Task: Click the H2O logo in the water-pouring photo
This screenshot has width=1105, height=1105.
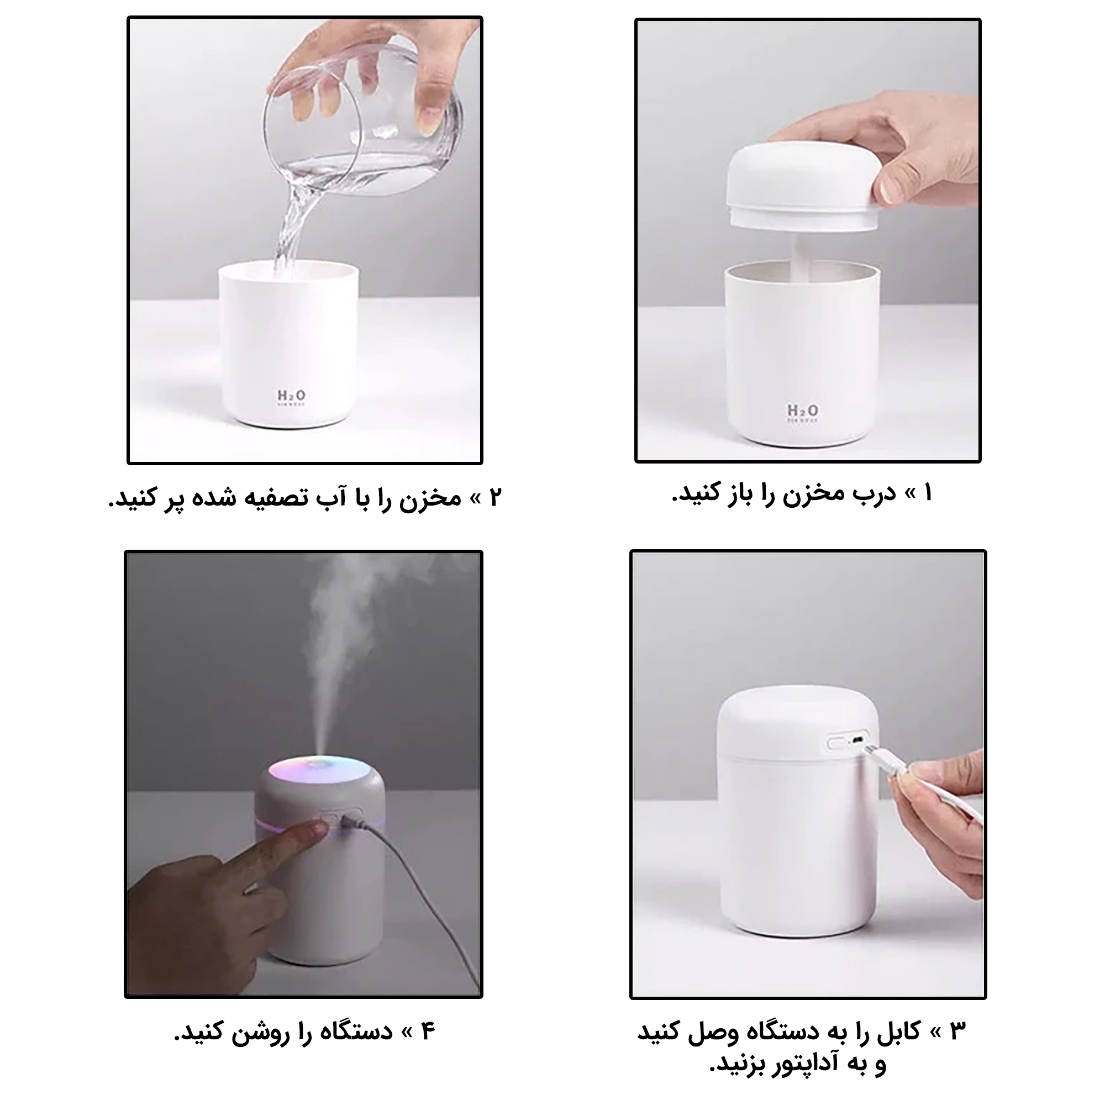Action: pyautogui.click(x=292, y=396)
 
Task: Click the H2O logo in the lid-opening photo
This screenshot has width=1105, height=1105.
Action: pyautogui.click(x=802, y=412)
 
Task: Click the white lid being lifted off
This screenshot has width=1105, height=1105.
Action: pyautogui.click(x=803, y=188)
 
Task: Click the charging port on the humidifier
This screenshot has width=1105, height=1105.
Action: pyautogui.click(x=857, y=740)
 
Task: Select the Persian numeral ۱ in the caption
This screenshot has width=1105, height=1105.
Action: pyautogui.click(x=928, y=493)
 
